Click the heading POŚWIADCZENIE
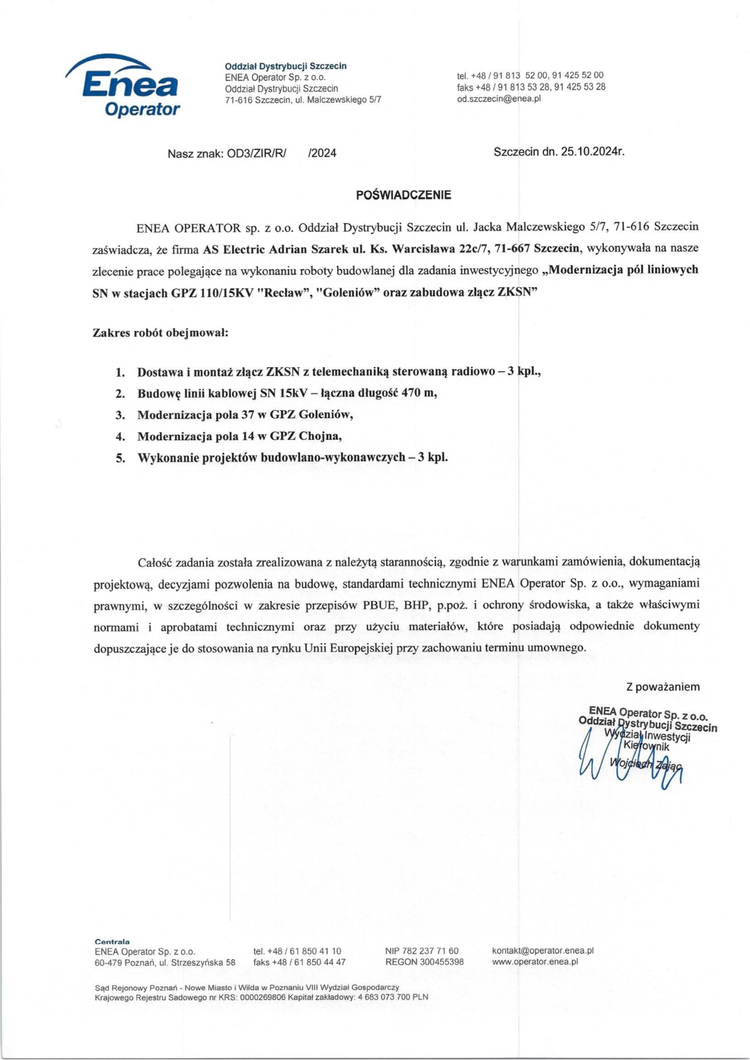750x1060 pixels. click(403, 195)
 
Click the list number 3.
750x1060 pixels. click(120, 415)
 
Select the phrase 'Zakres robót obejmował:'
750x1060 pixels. click(160, 333)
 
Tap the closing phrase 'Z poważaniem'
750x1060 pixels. click(662, 687)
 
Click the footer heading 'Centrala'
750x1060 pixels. click(112, 941)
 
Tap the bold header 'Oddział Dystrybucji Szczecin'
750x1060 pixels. click(285, 66)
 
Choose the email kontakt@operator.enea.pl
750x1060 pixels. click(542, 951)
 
